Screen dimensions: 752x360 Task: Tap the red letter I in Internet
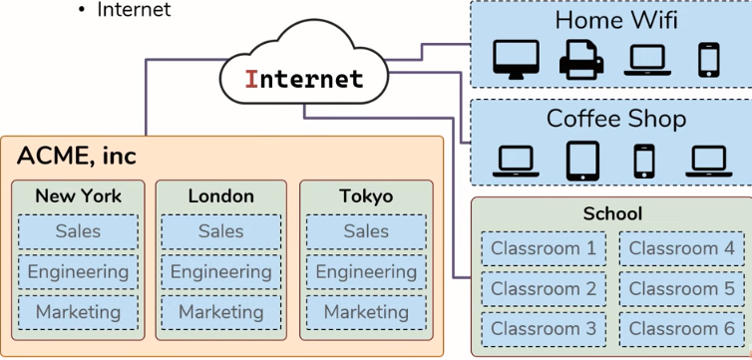coord(251,79)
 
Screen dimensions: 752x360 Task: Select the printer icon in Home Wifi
coord(581,60)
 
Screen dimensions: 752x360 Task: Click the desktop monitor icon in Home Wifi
coord(516,60)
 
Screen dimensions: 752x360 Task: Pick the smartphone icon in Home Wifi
coord(709,60)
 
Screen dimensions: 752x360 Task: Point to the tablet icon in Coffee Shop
coord(582,161)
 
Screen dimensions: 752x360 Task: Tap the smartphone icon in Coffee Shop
coord(644,162)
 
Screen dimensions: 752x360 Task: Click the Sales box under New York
coord(78,231)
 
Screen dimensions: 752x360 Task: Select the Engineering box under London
coord(221,272)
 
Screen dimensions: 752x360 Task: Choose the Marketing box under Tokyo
coord(366,312)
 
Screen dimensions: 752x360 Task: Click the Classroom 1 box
coord(544,248)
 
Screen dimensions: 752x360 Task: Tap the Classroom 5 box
coord(681,289)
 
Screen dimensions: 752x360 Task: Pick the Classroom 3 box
coord(544,329)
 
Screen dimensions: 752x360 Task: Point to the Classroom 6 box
coord(681,329)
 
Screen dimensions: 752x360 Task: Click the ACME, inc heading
coord(77,156)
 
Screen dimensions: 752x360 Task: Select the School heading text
coord(612,213)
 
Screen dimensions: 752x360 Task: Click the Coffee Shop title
coord(616,119)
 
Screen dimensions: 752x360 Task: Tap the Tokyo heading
coord(366,196)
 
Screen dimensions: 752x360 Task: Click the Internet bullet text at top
coord(134,10)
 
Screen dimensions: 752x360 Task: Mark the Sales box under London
coord(221,231)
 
